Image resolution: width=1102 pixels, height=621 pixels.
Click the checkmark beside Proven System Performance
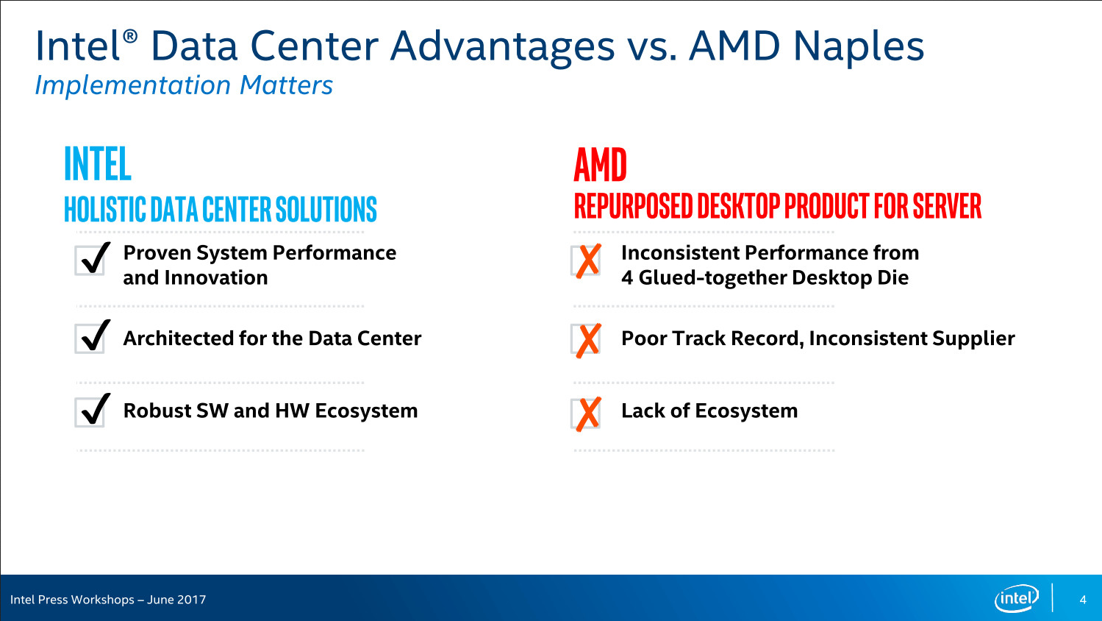pos(93,258)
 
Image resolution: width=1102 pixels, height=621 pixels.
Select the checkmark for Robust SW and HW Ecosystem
pos(93,410)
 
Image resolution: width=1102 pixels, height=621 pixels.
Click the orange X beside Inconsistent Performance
pos(587,260)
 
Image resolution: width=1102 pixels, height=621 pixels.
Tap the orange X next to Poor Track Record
pos(587,340)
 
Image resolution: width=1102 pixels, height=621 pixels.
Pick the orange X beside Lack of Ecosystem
pos(587,414)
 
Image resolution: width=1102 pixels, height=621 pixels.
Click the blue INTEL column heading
pos(98,164)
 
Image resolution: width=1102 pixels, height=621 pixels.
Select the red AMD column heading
pos(600,165)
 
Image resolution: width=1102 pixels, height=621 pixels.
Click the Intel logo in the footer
pos(1017,598)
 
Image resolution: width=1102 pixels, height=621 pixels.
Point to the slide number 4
pos(1083,600)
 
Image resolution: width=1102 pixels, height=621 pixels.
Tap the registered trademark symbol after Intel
pos(130,36)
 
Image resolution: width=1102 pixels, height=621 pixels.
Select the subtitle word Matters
pos(286,85)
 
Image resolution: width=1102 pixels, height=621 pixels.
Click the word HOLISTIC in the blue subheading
pos(105,209)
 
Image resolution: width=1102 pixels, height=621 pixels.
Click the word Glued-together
pos(712,277)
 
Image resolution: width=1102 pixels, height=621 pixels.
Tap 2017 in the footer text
pos(191,600)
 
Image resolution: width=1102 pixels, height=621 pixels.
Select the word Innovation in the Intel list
pos(216,277)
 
